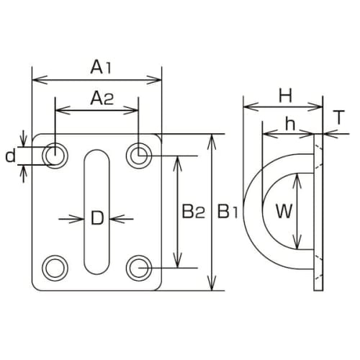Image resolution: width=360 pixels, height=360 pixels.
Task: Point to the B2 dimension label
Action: pyautogui.click(x=192, y=212)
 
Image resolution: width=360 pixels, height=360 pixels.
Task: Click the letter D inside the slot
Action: pyautogui.click(x=96, y=218)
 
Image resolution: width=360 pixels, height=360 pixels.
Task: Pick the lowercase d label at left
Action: pyautogui.click(x=9, y=156)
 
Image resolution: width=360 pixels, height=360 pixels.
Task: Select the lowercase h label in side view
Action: pyautogui.click(x=289, y=124)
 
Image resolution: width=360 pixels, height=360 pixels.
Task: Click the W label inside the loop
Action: pyautogui.click(x=285, y=212)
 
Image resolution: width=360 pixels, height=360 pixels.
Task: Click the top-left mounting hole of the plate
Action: pyautogui.click(x=53, y=154)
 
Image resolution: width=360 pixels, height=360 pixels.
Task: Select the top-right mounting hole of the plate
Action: pyautogui.click(x=138, y=154)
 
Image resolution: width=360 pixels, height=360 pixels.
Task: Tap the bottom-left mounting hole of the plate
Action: pyautogui.click(x=53, y=268)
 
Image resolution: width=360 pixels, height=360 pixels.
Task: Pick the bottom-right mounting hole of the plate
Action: pyautogui.click(x=138, y=268)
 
